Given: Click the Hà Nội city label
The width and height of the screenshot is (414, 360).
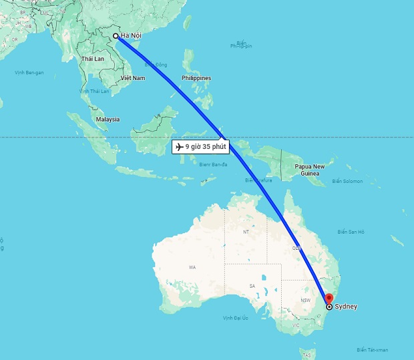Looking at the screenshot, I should click(132, 36).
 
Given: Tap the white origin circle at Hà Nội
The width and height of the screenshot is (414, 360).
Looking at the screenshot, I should click(116, 36).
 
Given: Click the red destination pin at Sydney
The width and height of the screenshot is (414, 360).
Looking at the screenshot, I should click(328, 298).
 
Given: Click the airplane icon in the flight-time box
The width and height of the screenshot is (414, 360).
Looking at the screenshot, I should click(179, 146).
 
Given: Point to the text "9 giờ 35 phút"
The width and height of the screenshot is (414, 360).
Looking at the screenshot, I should click(206, 146).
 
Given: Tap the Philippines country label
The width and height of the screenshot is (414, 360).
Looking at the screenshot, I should click(196, 78).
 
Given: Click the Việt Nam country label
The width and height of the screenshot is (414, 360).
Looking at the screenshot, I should click(132, 78).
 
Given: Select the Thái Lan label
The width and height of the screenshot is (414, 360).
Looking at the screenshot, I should click(93, 59).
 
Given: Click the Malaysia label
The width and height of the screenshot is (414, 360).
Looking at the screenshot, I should click(108, 119).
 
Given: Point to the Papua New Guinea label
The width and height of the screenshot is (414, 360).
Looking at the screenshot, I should click(309, 170).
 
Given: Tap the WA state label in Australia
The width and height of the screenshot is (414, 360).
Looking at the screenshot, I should click(192, 267).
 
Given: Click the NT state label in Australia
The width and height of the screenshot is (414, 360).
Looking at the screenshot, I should click(245, 232).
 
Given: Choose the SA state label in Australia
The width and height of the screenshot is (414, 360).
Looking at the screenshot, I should click(252, 286).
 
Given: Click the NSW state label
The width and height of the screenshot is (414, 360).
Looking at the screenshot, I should click(306, 300).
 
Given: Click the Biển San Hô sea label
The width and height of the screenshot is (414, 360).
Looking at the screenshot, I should click(351, 232).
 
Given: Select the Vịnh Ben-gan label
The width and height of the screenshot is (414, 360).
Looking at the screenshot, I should click(29, 72).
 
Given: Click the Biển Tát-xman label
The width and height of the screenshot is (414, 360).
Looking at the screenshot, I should click(371, 350).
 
